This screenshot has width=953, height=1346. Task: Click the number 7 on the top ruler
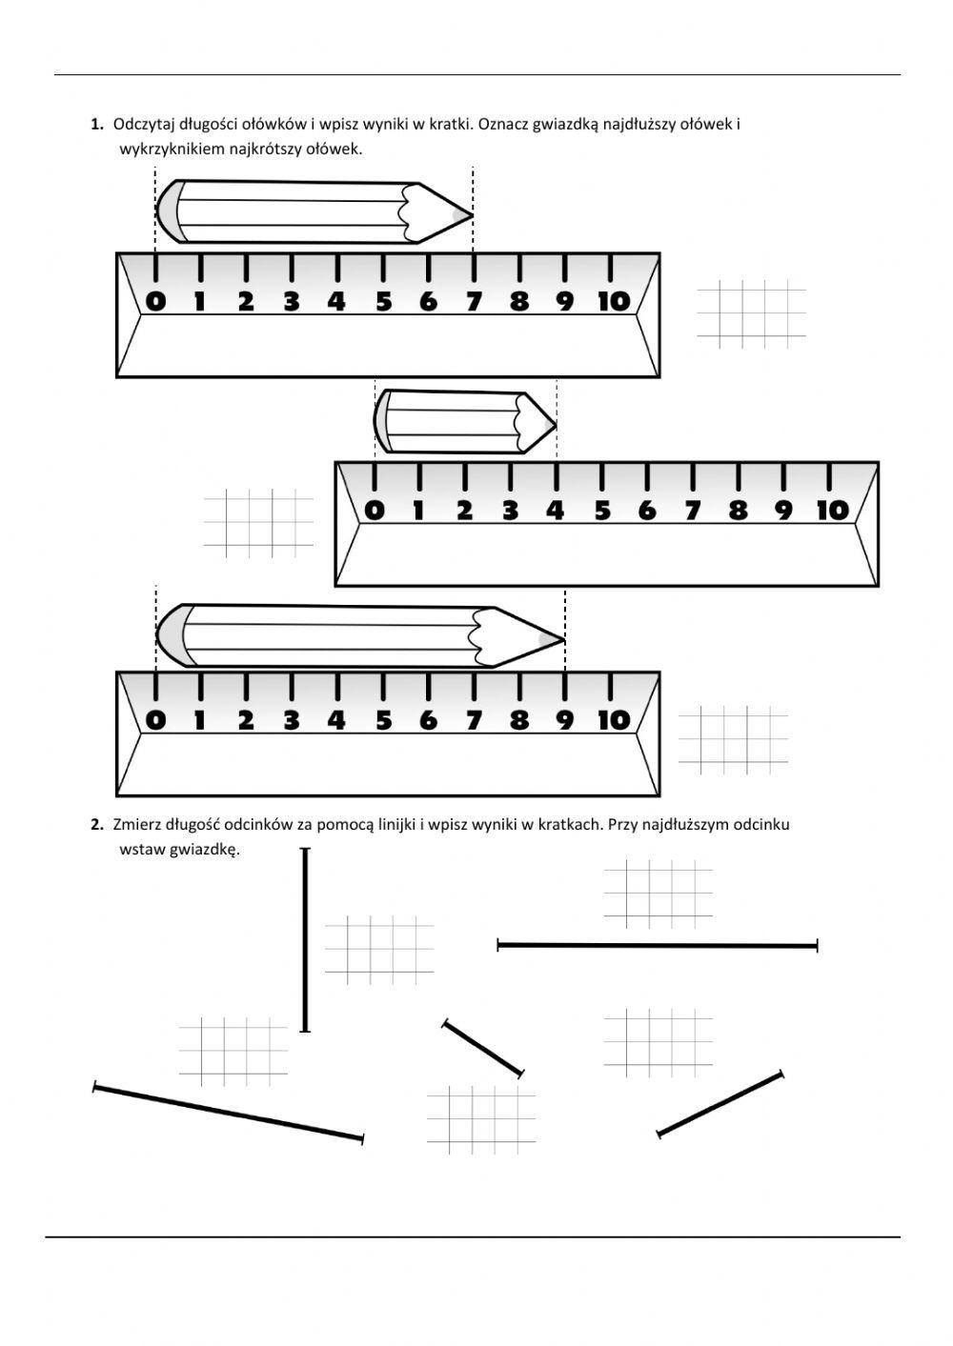[x=474, y=302]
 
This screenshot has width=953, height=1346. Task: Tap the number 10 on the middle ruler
[x=832, y=511]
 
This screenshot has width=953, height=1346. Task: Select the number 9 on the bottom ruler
[x=565, y=720]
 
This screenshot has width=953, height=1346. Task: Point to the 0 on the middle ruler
[x=375, y=511]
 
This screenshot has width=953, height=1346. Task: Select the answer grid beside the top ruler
[x=752, y=313]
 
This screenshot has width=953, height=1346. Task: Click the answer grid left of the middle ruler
[x=258, y=523]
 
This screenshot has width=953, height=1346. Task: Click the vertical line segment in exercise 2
[x=305, y=939]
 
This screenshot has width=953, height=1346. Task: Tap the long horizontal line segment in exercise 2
[x=658, y=946]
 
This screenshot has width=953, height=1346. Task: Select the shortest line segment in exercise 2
[x=483, y=1048]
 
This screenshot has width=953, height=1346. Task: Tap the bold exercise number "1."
[x=97, y=125]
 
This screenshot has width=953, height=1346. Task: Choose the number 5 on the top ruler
[x=383, y=302]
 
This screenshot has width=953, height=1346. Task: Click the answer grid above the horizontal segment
[x=659, y=894]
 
